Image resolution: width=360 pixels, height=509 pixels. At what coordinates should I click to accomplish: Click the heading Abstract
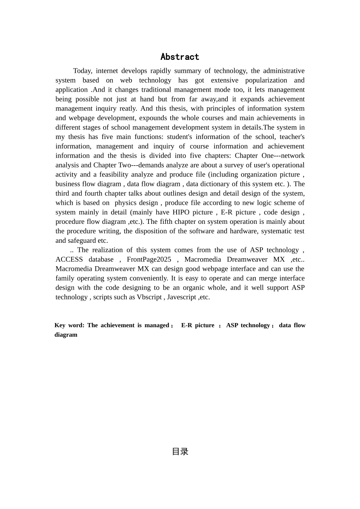180,57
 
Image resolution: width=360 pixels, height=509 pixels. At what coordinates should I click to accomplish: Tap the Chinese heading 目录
180,451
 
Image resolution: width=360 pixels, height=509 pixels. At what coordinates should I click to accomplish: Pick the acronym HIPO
181,212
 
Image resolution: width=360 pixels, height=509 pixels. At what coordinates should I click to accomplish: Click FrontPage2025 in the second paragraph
149,259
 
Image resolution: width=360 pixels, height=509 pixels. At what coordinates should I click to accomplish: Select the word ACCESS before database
69,259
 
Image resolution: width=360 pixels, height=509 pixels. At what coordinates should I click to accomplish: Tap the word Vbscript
149,297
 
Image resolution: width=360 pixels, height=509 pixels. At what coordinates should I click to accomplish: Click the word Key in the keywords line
60,325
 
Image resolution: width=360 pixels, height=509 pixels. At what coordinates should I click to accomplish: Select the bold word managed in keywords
157,325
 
